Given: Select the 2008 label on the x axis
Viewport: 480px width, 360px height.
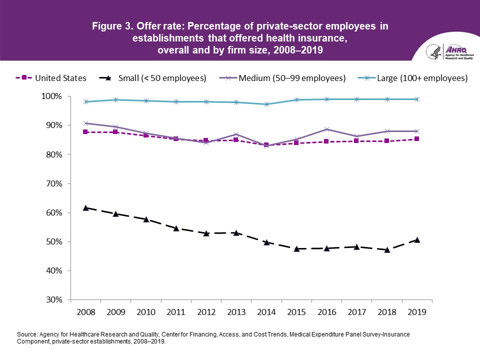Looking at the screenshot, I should tap(85, 312).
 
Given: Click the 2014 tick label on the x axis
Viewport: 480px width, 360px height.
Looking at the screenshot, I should tap(266, 312).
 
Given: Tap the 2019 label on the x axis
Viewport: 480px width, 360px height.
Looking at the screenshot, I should tap(417, 312).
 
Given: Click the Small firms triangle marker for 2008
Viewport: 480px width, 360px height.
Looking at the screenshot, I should tap(85, 207).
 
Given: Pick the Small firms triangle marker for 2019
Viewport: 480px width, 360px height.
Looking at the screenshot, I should tap(417, 239).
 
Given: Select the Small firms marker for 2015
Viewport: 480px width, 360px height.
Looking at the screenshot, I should tap(296, 248).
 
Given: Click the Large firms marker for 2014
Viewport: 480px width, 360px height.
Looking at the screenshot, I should tap(266, 104).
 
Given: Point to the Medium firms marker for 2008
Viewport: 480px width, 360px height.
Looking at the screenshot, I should tap(85, 123).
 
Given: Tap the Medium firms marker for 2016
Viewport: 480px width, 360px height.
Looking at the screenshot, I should tap(327, 129).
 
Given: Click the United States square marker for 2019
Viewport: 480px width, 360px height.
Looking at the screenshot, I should tap(417, 139).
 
